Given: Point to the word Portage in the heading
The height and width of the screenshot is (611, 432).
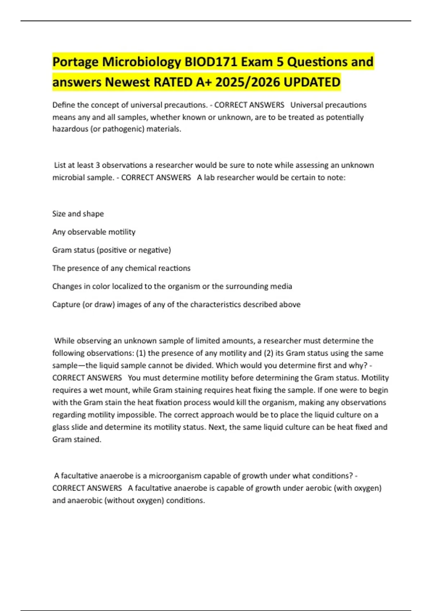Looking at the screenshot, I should [x=76, y=62].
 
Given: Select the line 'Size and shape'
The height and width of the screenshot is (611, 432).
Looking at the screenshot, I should [x=78, y=214].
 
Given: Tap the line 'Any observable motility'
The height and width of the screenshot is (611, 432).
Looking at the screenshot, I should [x=94, y=232].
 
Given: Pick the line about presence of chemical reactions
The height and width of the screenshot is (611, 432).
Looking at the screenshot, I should [x=121, y=268].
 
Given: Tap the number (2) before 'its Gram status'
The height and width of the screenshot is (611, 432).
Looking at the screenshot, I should [x=269, y=353].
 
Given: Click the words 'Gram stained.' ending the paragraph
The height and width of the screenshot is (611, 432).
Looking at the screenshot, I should [x=77, y=440].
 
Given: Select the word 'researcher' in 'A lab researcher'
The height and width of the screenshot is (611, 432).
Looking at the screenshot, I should [x=235, y=178].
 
